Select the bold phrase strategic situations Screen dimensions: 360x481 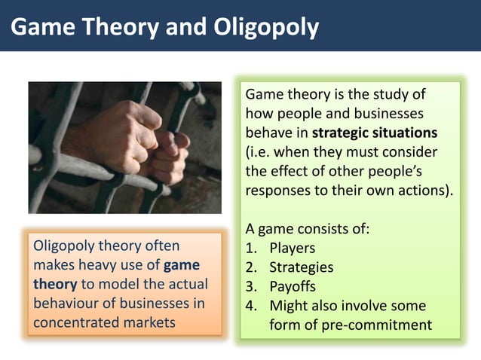pyautogui.click(x=374, y=133)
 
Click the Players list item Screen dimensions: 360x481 pyautogui.click(x=292, y=248)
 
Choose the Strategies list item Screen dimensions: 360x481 pyautogui.click(x=301, y=267)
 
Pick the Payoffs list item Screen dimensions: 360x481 pyautogui.click(x=293, y=287)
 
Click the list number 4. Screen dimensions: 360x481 pyautogui.click(x=251, y=306)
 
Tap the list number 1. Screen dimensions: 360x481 pyautogui.click(x=251, y=248)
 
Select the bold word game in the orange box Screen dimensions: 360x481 pyautogui.click(x=182, y=265)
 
